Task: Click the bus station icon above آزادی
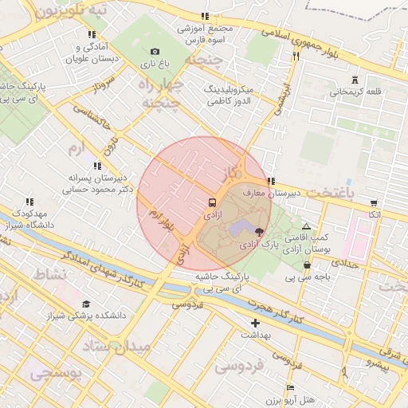click(x=212, y=202)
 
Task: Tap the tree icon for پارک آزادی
click(x=259, y=231)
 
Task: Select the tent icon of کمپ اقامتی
click(x=306, y=227)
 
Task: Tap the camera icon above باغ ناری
click(x=155, y=51)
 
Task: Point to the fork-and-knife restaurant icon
click(x=296, y=56)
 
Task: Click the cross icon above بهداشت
click(x=255, y=323)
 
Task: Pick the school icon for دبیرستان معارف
click(x=272, y=181)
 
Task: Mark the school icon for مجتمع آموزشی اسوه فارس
click(x=206, y=16)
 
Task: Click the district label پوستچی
click(x=56, y=372)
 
